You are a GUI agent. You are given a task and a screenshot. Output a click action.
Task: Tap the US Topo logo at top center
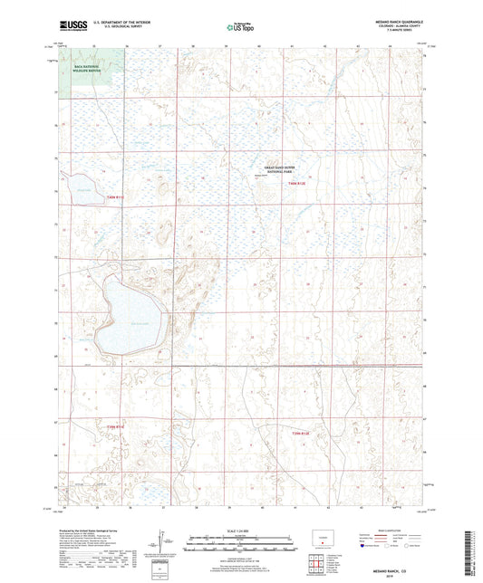pyautogui.click(x=238, y=28)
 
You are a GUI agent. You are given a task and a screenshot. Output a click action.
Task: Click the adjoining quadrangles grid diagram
pyautogui.click(x=314, y=567)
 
